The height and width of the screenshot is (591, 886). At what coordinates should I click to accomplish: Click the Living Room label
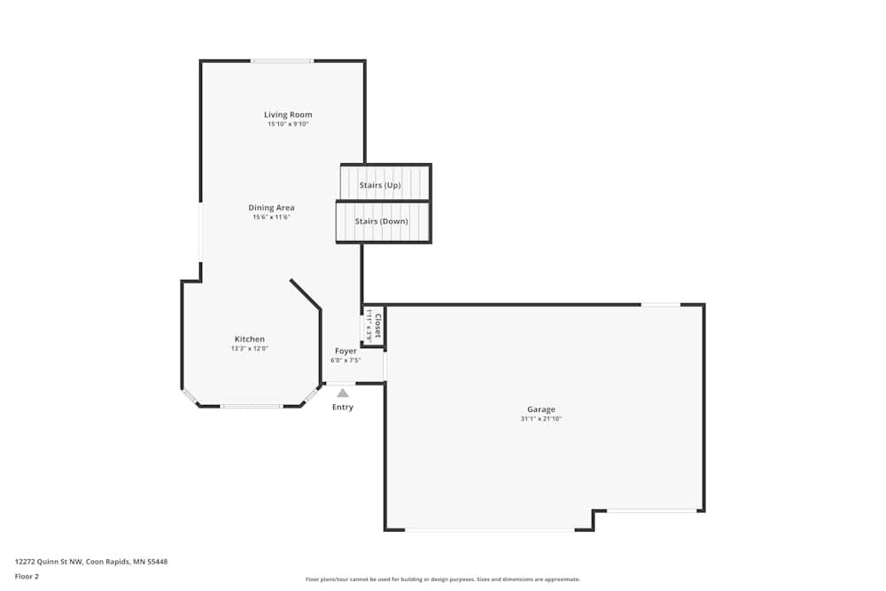pos(288,114)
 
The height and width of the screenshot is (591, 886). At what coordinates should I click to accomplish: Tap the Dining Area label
pos(271,207)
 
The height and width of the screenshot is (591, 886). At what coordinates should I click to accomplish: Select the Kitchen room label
pos(249,339)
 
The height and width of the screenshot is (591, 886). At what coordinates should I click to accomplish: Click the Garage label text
pos(540,409)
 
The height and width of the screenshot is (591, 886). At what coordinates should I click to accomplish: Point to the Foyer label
pos(346,352)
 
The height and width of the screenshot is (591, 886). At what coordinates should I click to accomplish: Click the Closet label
pos(377,325)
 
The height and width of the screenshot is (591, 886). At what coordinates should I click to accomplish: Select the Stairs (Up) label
pos(380,185)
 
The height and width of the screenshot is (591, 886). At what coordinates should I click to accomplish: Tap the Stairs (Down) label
pos(381,222)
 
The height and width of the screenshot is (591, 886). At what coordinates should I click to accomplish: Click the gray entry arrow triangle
pos(343,393)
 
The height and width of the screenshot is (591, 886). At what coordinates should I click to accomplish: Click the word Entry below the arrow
pos(343,408)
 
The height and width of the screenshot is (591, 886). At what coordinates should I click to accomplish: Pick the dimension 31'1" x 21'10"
pos(540,419)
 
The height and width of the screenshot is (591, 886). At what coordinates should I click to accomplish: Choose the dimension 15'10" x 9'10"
pos(288,124)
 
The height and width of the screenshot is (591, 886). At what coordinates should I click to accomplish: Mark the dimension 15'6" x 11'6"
pos(271,217)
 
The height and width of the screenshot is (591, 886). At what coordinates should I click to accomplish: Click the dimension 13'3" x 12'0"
pos(249,349)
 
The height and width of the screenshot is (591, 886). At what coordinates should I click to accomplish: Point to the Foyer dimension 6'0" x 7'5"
pos(346,361)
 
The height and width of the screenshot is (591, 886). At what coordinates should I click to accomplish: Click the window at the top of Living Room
pos(282,61)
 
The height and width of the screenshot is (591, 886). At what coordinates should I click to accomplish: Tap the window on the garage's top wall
pos(660,305)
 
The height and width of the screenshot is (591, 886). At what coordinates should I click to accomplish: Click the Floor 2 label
pos(27,576)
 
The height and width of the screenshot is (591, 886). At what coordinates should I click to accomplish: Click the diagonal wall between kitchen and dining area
pos(305,295)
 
